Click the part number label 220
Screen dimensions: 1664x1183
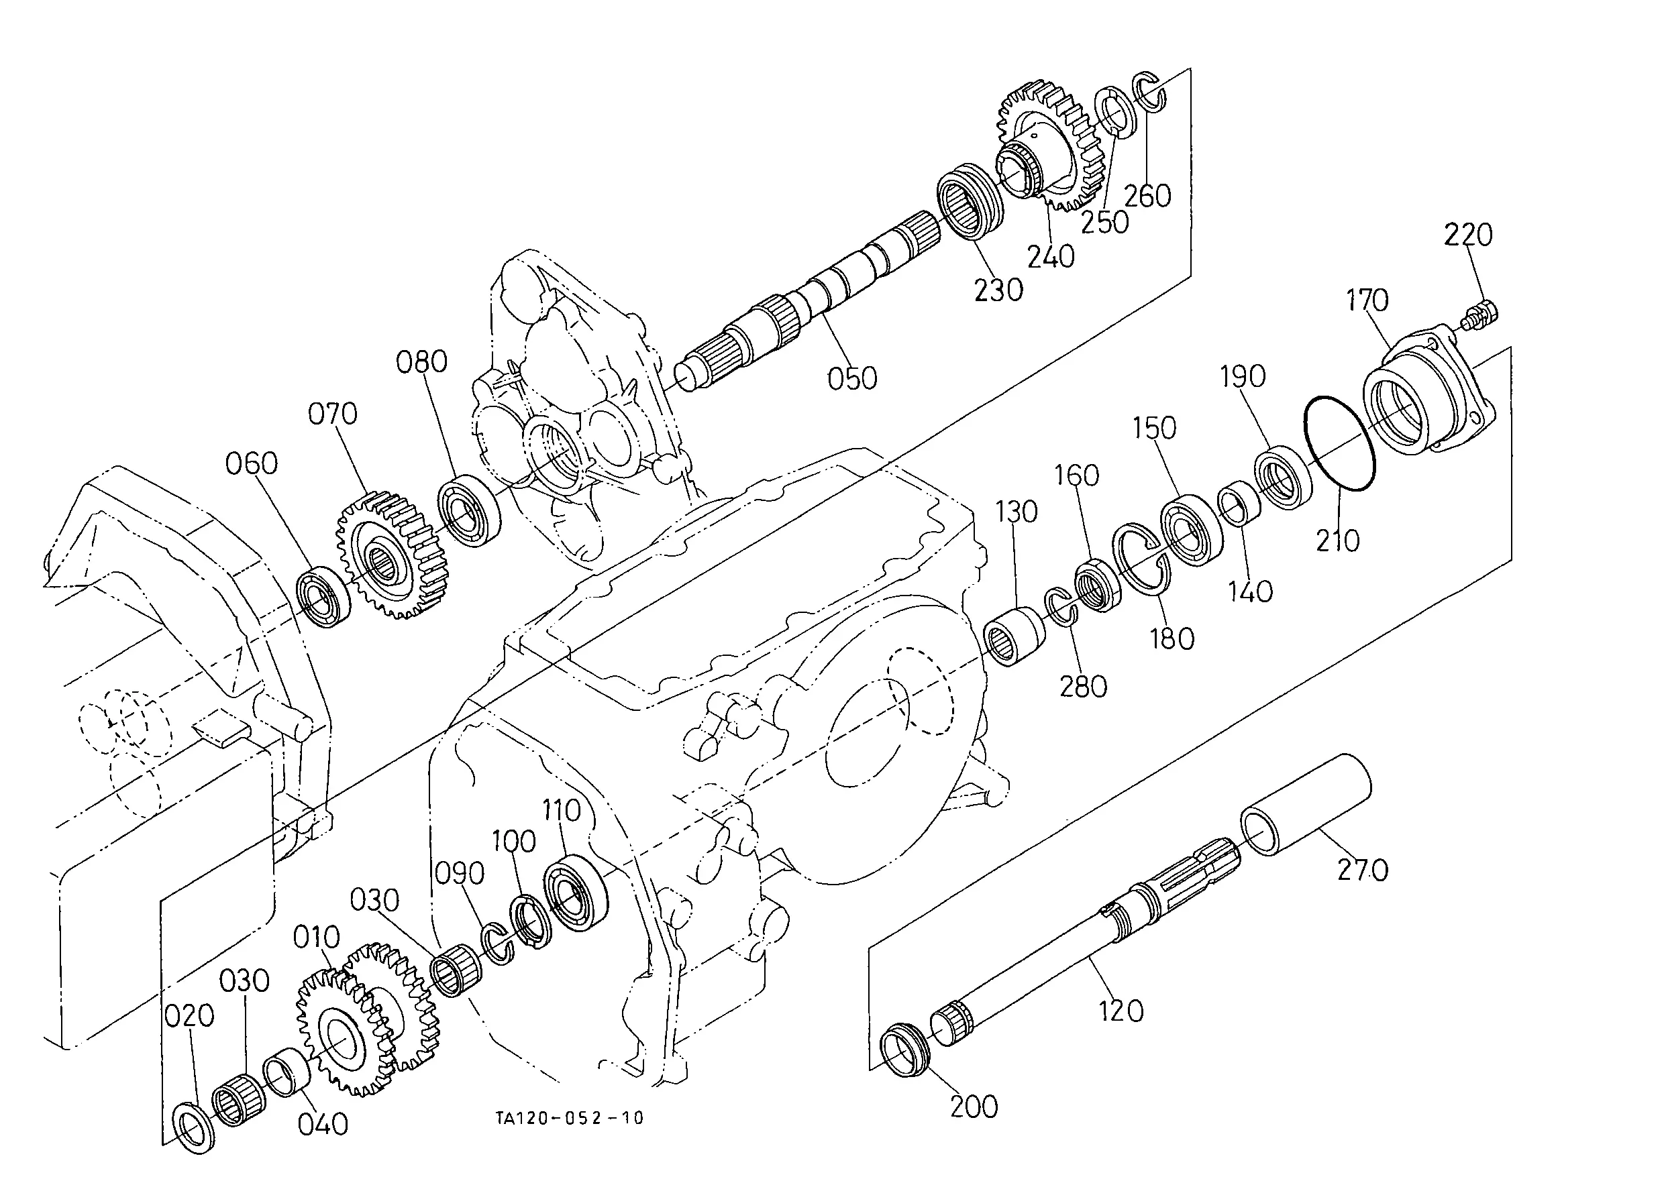click(1468, 235)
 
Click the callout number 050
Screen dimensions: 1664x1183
click(852, 379)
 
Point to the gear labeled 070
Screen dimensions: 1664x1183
click(392, 556)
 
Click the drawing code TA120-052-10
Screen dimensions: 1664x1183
click(570, 1117)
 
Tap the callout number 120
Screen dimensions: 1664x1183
click(1121, 1011)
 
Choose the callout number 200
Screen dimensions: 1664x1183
click(974, 1107)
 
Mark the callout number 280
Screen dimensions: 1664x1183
click(1083, 686)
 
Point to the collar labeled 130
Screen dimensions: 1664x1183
click(1015, 636)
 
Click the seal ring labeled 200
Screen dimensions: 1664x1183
click(906, 1050)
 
